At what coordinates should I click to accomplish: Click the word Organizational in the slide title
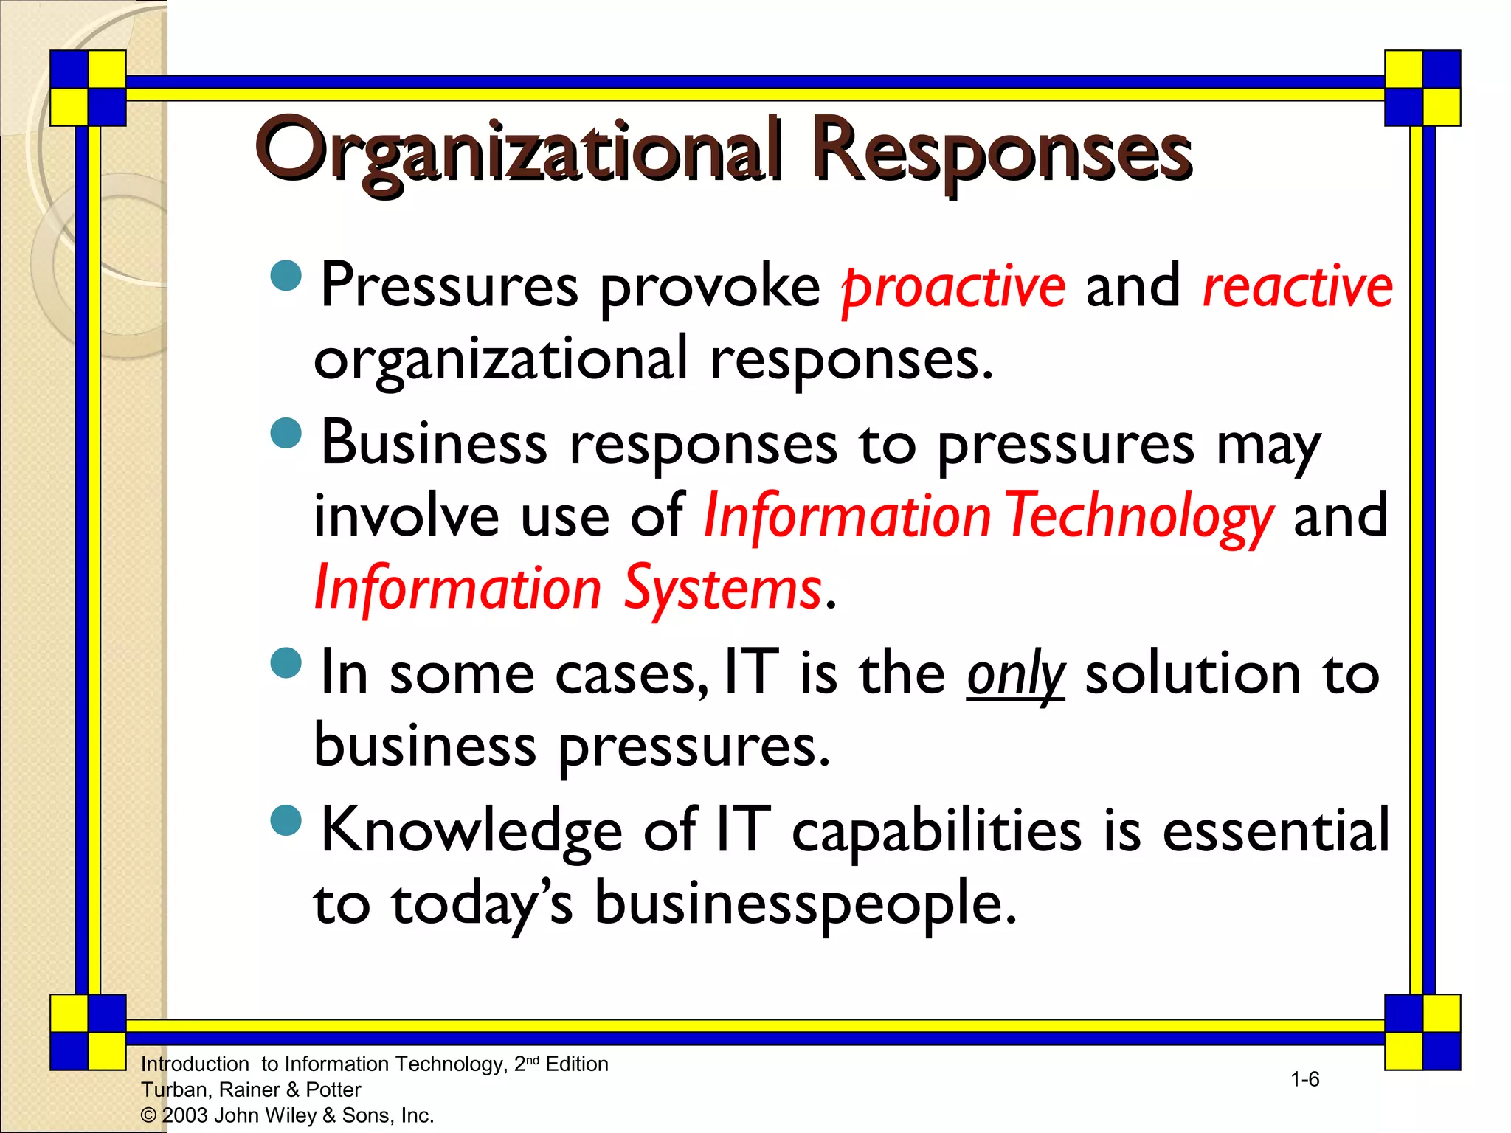[516, 151]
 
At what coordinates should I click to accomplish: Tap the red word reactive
[1297, 286]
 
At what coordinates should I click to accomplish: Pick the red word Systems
[722, 589]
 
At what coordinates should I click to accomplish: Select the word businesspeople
[805, 904]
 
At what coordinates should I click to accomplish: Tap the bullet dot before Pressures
[286, 276]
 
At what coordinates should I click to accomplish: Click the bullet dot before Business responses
[286, 433]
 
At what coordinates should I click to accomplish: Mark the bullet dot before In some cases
[286, 662]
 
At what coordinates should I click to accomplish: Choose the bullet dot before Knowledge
[286, 820]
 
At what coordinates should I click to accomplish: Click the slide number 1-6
[1304, 1080]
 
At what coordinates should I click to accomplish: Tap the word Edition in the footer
[577, 1064]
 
